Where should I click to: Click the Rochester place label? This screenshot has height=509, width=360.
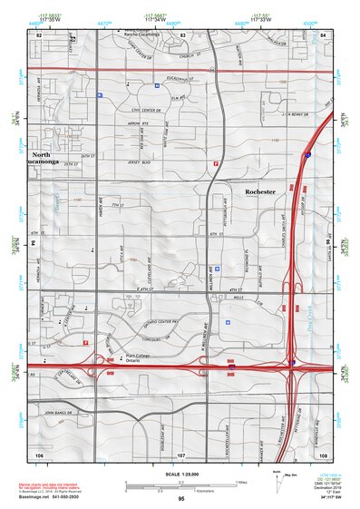(x=260, y=192)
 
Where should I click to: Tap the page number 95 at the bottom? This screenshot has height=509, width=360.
(x=182, y=499)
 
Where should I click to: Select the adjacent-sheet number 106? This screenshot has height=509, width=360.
(x=39, y=452)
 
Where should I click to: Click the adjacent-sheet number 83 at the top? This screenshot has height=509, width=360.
(x=183, y=34)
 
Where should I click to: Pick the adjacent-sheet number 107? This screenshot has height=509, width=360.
(x=181, y=453)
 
